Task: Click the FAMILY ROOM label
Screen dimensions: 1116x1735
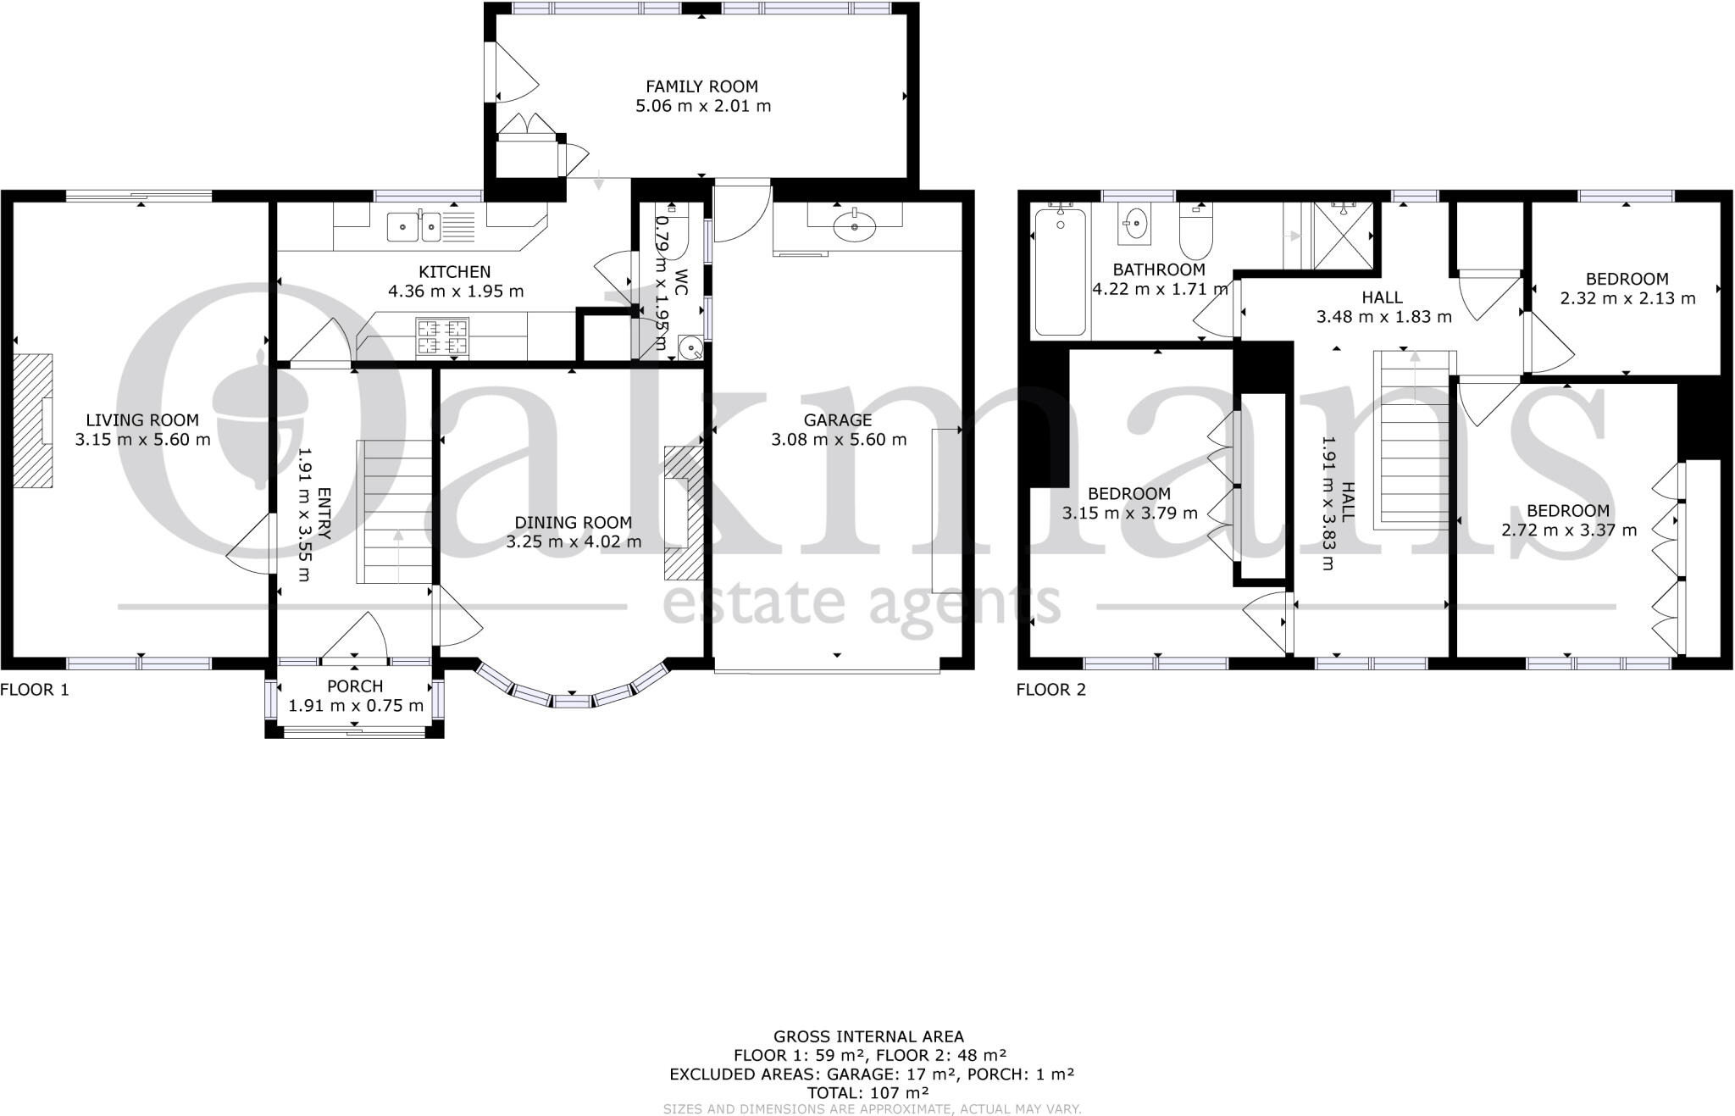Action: pos(701,86)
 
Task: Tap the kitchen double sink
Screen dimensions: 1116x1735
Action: pos(414,226)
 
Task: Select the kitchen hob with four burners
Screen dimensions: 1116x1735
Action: pos(441,336)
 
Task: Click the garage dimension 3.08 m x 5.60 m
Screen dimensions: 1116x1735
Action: pos(838,440)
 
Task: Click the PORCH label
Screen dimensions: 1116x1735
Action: pos(355,686)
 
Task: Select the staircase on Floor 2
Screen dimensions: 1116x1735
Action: pos(1415,439)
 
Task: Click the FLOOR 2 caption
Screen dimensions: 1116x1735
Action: pos(1050,690)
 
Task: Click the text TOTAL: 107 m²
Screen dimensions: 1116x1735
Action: pos(867,1093)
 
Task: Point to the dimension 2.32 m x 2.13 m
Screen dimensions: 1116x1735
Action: pos(1627,298)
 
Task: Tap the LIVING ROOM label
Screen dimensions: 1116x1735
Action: pos(142,420)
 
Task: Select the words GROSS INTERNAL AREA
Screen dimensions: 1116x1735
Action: pos(867,1036)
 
